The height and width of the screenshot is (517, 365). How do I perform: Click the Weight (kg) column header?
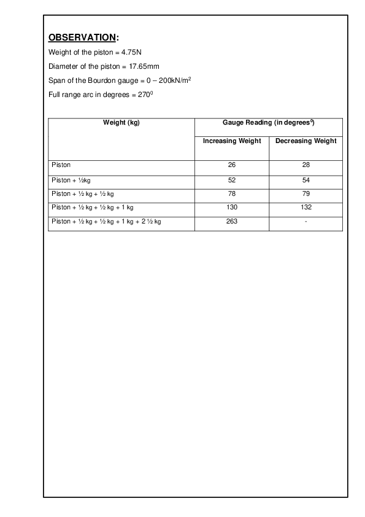point(121,123)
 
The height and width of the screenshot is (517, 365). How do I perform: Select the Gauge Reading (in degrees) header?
point(269,123)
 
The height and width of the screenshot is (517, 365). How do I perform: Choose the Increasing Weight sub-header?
point(232,141)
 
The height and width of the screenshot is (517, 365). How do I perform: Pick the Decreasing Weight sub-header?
point(305,141)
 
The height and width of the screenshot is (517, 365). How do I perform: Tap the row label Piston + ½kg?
point(71,180)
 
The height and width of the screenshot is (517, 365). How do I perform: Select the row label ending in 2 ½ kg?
point(107,222)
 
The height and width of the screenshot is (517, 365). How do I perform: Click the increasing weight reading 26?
point(232,165)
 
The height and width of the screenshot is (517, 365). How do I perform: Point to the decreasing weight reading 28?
point(305,165)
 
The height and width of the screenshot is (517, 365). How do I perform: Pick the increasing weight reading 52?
point(232,180)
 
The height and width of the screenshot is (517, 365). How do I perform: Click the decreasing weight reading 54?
point(305,180)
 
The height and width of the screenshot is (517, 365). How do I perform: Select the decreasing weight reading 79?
point(305,194)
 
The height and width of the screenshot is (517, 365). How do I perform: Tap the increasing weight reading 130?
point(232,208)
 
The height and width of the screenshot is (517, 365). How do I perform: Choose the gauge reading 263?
point(232,222)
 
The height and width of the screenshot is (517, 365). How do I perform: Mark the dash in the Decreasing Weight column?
point(305,222)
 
